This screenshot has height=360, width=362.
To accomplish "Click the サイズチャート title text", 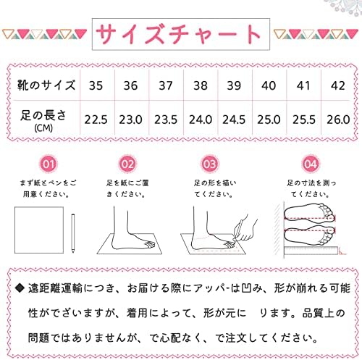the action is pyautogui.click(x=179, y=34).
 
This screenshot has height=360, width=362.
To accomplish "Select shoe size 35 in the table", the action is pyautogui.click(x=96, y=85).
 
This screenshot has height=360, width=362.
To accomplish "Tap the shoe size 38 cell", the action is pyautogui.click(x=201, y=85).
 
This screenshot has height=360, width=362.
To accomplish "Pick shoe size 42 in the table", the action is pyautogui.click(x=338, y=85).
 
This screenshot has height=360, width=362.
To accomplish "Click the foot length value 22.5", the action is pyautogui.click(x=96, y=120).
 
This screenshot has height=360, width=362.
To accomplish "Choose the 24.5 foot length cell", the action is pyautogui.click(x=234, y=120).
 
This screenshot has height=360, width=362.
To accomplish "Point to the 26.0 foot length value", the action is pyautogui.click(x=338, y=120).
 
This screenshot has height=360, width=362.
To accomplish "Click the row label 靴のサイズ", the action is pyautogui.click(x=46, y=85).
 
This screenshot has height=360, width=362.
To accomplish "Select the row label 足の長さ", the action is pyautogui.click(x=43, y=115).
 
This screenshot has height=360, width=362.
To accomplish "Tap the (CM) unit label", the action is pyautogui.click(x=43, y=128).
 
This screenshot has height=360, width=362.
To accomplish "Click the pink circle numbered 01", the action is pyautogui.click(x=49, y=164).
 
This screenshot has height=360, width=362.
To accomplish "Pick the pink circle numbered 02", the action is pyautogui.click(x=127, y=164).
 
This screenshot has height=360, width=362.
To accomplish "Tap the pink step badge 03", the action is pyautogui.click(x=209, y=164).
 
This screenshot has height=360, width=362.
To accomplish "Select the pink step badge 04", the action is pyautogui.click(x=311, y=164).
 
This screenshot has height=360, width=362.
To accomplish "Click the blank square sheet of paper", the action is pyautogui.click(x=39, y=230).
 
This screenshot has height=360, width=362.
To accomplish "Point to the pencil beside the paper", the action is pyautogui.click(x=73, y=233).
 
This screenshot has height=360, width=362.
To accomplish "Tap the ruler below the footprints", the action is pyautogui.click(x=311, y=251).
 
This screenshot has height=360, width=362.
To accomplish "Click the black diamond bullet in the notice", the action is pyautogui.click(x=20, y=288).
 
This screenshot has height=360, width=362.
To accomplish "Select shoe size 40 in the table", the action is pyautogui.click(x=269, y=85).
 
